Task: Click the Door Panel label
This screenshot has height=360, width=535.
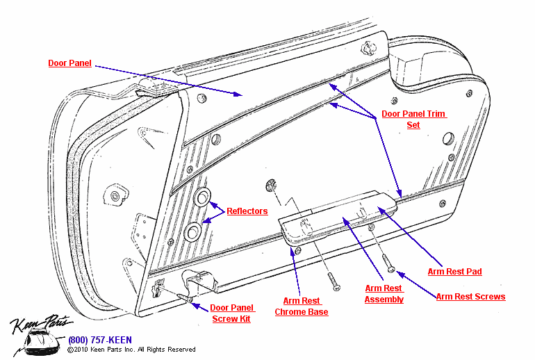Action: click(x=69, y=63)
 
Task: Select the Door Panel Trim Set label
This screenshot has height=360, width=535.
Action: click(x=413, y=120)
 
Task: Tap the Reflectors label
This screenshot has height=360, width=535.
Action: click(x=247, y=211)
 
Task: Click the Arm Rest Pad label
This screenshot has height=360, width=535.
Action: click(x=454, y=272)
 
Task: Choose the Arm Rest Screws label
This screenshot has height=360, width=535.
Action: click(x=470, y=297)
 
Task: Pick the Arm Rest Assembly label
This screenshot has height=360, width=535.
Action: click(x=384, y=294)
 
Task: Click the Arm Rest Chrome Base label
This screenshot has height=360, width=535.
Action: click(x=302, y=306)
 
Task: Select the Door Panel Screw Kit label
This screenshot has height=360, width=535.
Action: click(x=233, y=313)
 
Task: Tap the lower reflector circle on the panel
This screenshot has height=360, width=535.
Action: click(x=194, y=229)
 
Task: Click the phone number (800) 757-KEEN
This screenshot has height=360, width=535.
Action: click(x=99, y=340)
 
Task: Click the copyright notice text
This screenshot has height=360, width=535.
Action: click(x=131, y=350)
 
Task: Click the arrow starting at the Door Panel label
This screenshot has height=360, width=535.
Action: click(x=167, y=81)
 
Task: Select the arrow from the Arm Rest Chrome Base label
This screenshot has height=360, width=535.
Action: click(x=296, y=271)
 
